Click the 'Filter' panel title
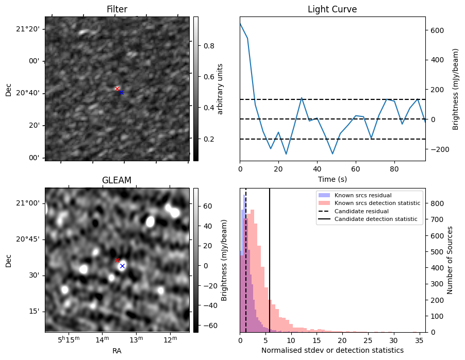pyautogui.click(x=117, y=9)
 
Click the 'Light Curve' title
pyautogui.click(x=332, y=9)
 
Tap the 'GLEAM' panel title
pyautogui.click(x=117, y=180)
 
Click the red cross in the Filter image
pyautogui.click(x=117, y=89)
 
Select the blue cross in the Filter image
pyautogui.click(x=121, y=93)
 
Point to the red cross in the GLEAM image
pyautogui.click(x=118, y=260)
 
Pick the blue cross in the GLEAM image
pyautogui.click(x=122, y=266)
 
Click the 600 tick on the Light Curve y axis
pyautogui.click(x=435, y=30)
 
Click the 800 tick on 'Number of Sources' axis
pyautogui.click(x=436, y=203)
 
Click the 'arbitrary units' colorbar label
pyautogui.click(x=220, y=89)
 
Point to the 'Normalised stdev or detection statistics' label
pyautogui.click(x=332, y=350)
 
